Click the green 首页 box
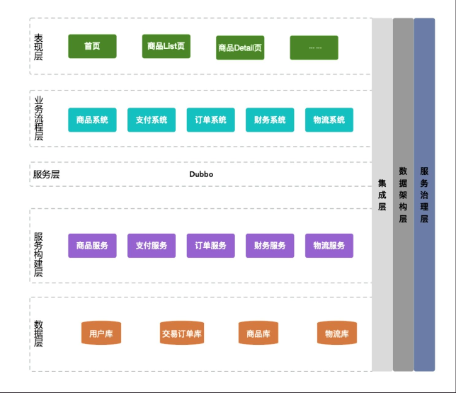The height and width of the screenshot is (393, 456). point(92,46)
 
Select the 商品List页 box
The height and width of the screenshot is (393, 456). point(166,46)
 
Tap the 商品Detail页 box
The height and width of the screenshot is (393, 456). point(240,47)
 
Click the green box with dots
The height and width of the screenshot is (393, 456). point(314,47)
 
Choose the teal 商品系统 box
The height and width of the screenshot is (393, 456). point(92,120)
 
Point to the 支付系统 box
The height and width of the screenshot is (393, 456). point(152,120)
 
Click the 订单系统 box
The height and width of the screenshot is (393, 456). point(210,120)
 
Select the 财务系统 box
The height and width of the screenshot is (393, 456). point(270,120)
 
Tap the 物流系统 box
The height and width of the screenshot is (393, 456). point(329,120)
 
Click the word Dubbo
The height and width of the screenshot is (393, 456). point(201,174)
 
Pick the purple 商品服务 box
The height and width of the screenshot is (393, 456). point(92,246)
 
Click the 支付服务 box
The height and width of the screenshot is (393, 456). point(152,246)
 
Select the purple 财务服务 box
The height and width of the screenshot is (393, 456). point(270,246)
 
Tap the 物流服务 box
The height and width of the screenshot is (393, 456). point(329,246)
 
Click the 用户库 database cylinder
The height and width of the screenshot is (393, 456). point(101,333)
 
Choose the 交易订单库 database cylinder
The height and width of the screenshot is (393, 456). point(182,333)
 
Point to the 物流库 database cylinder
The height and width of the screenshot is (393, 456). point(337,333)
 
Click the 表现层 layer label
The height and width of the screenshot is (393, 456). point(38,47)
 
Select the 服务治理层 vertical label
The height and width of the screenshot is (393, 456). point(424,195)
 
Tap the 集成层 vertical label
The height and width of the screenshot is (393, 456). point(382,195)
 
